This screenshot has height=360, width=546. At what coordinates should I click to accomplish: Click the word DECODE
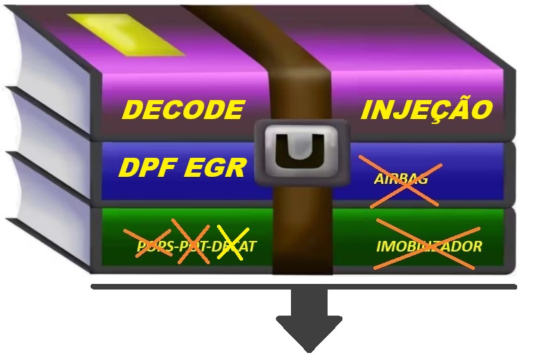pyautogui.click(x=183, y=111)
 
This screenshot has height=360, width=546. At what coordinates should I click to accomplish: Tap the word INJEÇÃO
pyautogui.click(x=426, y=111)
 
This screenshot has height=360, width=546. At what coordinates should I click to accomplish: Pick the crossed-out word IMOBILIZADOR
pyautogui.click(x=428, y=246)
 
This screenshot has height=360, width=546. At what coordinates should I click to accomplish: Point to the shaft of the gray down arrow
pyautogui.click(x=309, y=303)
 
